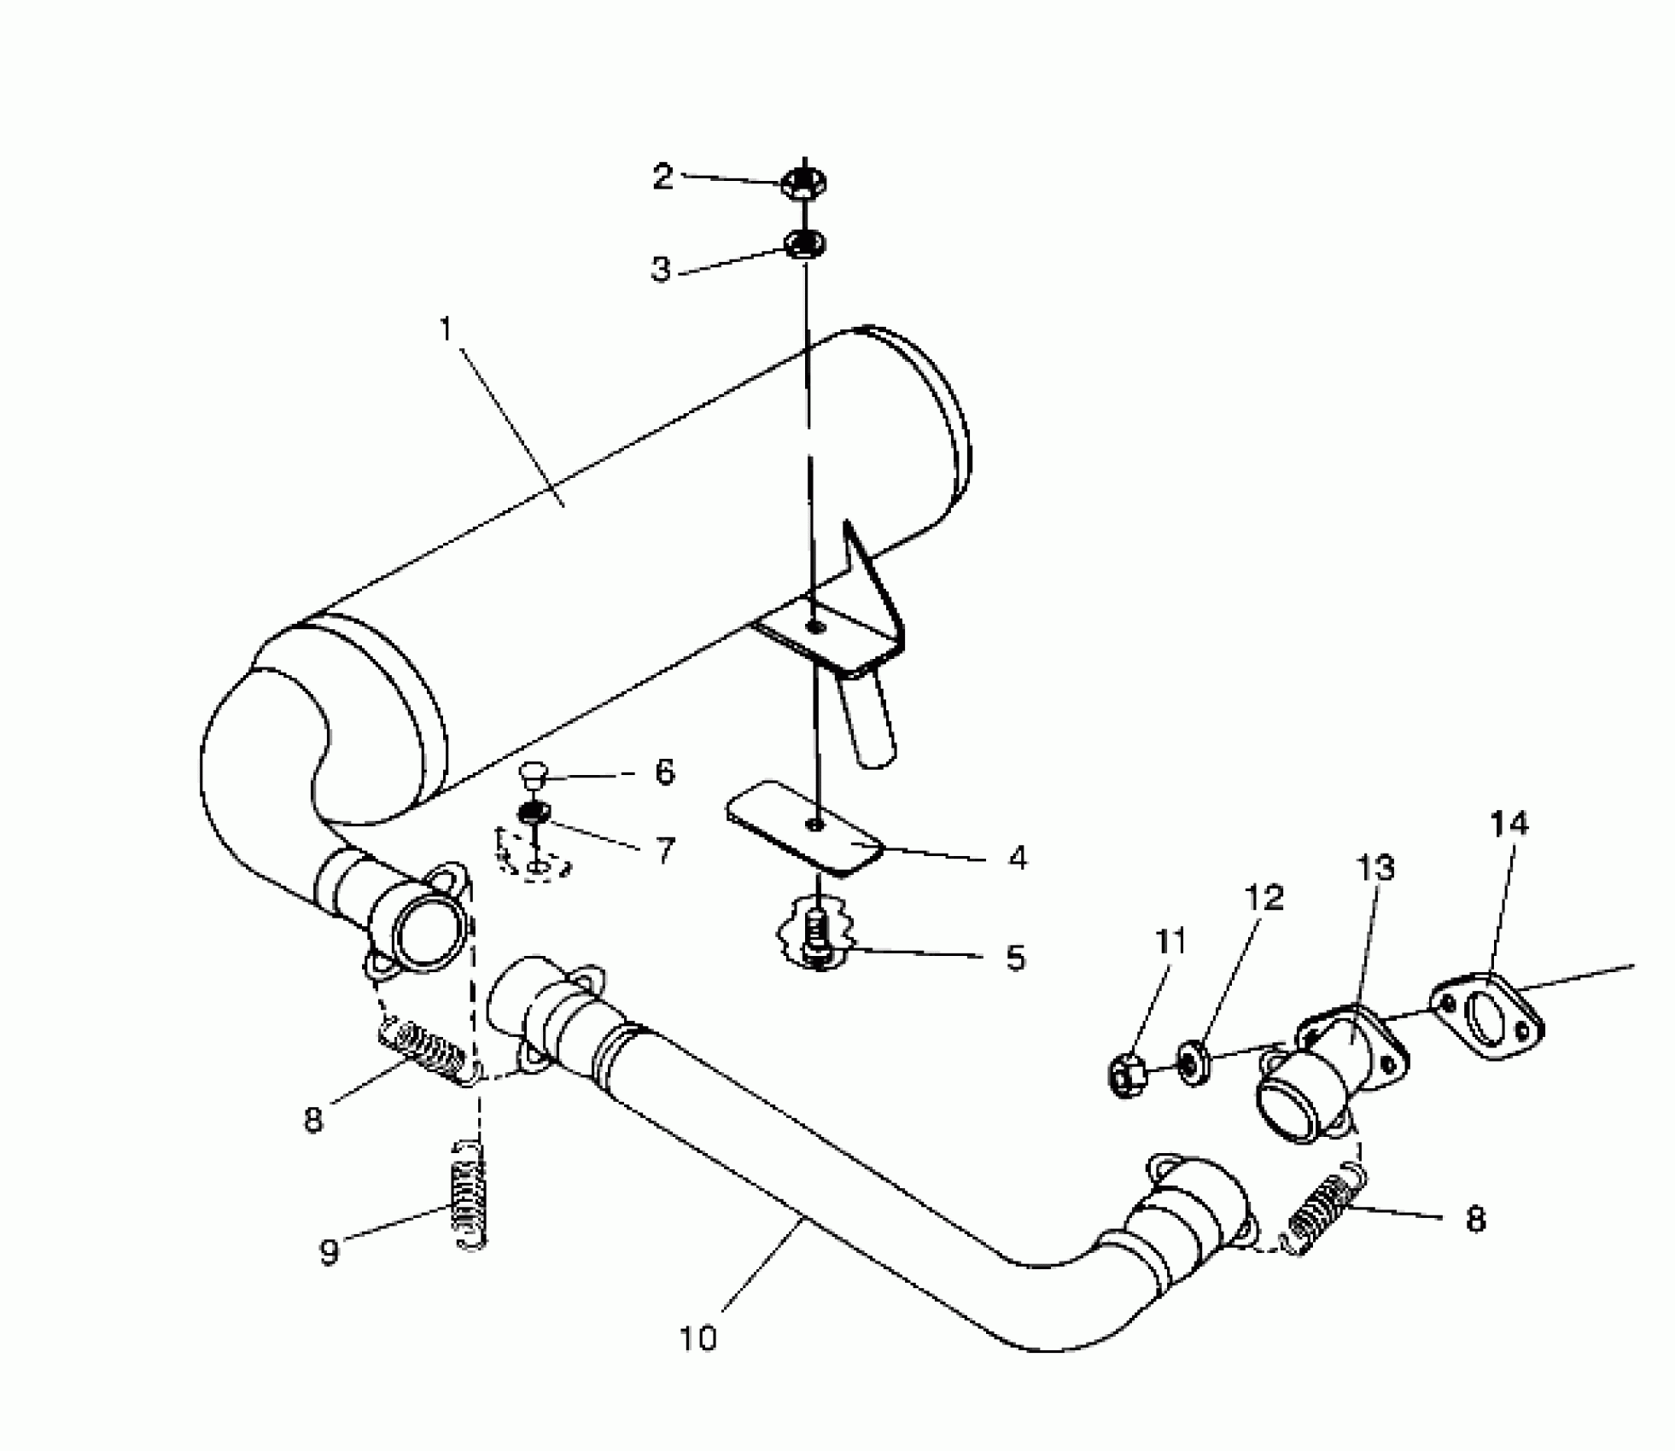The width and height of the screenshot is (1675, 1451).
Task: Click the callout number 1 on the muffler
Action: [445, 329]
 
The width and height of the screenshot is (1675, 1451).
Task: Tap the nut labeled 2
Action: [803, 184]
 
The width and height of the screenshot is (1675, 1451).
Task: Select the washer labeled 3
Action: [804, 246]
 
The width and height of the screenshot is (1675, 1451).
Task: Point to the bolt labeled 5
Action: [817, 937]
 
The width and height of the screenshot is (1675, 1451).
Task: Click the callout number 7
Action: [664, 850]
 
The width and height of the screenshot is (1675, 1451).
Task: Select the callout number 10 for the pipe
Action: [698, 1337]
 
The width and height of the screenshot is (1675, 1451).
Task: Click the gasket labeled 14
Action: [1488, 1020]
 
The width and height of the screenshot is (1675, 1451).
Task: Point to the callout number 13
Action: [1374, 869]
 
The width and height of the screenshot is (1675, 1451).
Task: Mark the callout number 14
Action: [1509, 824]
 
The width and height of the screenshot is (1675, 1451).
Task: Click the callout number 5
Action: [1014, 958]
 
